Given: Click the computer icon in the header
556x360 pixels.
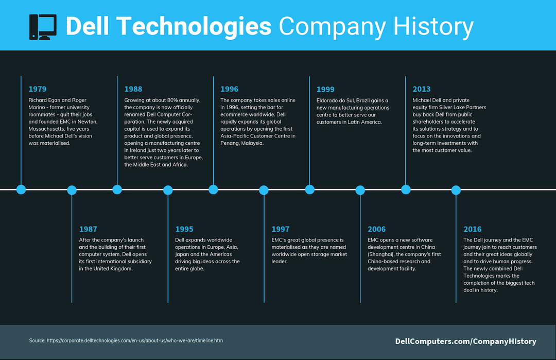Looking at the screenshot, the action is click(43, 27).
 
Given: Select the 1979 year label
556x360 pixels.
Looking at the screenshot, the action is click(38, 89).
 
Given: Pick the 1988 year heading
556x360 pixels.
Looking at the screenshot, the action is click(133, 89).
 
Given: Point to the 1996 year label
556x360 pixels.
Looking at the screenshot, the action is click(230, 89).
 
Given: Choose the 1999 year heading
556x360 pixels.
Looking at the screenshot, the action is click(325, 90).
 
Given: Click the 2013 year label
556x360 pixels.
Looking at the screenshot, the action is click(422, 89).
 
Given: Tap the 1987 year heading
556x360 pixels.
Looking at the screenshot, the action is click(88, 229).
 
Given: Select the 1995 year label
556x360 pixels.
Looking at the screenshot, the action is click(184, 229).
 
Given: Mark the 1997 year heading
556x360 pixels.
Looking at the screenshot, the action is click(281, 229).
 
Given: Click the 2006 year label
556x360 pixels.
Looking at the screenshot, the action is click(376, 229).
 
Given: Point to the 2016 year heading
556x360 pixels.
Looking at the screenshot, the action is click(473, 229).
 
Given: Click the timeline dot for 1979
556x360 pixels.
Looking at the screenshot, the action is click(21, 190).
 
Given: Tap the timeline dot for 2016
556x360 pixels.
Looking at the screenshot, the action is click(456, 190).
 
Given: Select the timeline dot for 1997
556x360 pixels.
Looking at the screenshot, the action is click(264, 190).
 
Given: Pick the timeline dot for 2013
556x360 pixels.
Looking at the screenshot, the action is click(406, 190).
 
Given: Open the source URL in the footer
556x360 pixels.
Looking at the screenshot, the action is click(135, 340).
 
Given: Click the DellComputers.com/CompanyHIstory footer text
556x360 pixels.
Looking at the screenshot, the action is click(465, 341).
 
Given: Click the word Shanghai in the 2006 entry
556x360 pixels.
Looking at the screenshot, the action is click(381, 254).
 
